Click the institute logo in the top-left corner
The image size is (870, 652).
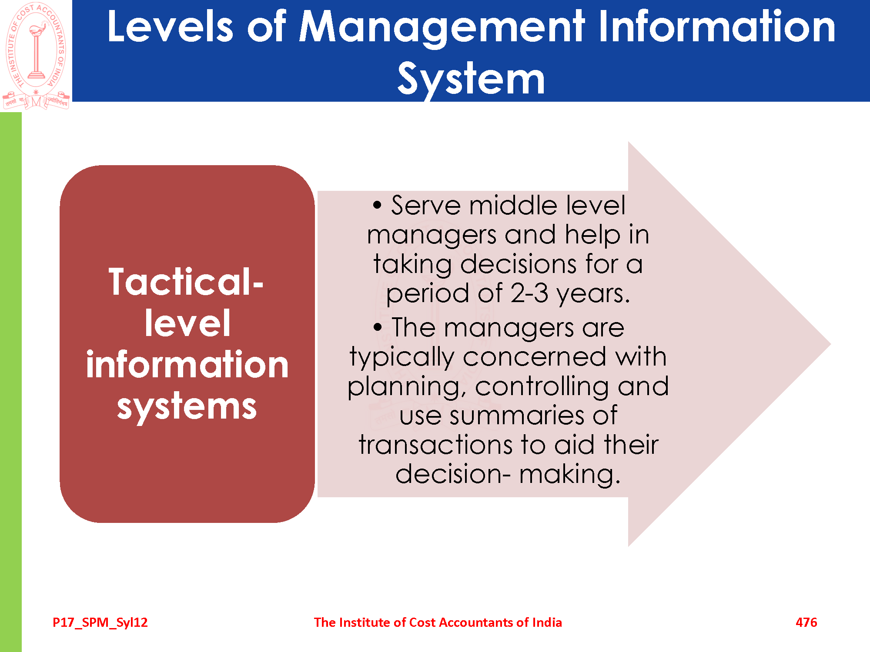click(x=36, y=55)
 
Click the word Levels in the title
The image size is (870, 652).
click(x=170, y=27)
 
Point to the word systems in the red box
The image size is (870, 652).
click(x=187, y=406)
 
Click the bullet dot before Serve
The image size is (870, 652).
click(x=377, y=205)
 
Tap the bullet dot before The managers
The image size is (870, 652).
click(x=378, y=327)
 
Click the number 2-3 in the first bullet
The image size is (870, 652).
click(x=529, y=293)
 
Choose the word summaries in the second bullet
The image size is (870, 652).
click(x=517, y=416)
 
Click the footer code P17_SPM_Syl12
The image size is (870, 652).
click(x=100, y=622)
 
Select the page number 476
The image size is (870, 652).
click(x=806, y=622)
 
